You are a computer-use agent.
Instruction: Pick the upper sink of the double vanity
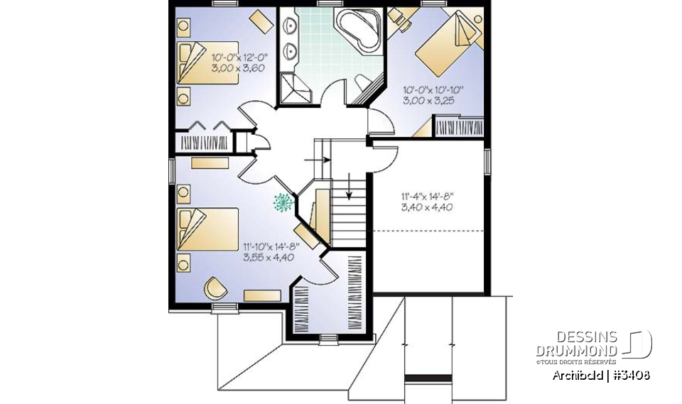tap(291, 27)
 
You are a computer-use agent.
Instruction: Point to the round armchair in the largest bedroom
tap(215, 288)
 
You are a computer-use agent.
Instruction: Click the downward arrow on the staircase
tap(349, 189)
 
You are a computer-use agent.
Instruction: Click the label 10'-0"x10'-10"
tap(433, 90)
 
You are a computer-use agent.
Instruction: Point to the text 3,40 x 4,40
tap(427, 207)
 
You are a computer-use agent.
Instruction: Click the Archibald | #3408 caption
tap(600, 375)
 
